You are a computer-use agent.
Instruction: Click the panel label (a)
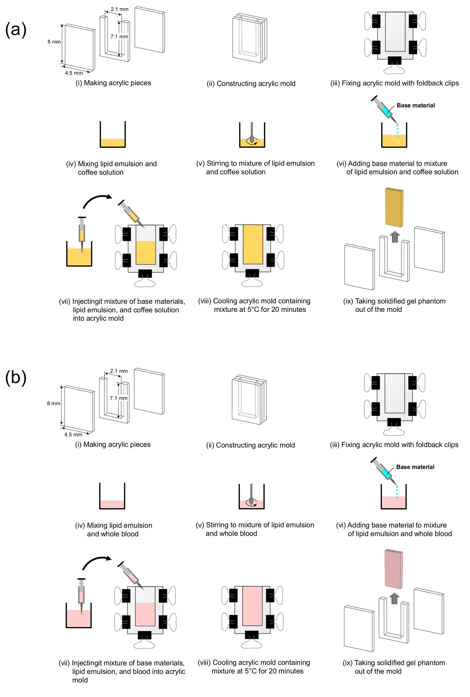[16, 30]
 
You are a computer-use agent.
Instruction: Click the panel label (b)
[16, 377]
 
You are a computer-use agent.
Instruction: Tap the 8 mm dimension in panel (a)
[54, 42]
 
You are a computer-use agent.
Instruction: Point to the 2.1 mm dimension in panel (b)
[119, 371]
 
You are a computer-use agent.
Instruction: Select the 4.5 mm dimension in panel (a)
[74, 73]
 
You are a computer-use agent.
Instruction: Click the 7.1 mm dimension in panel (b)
[119, 398]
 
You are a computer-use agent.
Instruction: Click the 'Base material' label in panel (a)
[416, 105]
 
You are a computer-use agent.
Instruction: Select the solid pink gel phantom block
[394, 569]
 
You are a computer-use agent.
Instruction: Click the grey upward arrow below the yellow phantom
[395, 237]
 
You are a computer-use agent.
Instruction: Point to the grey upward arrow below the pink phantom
[394, 598]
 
